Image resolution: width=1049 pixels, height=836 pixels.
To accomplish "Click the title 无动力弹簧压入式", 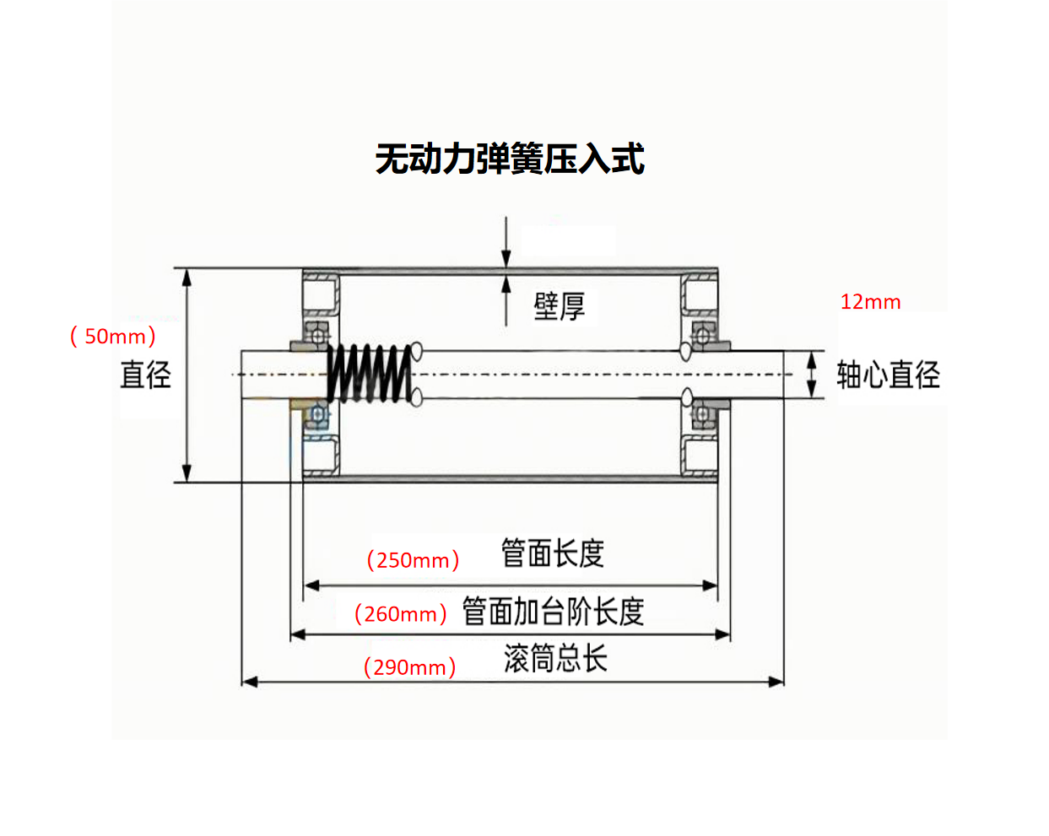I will (x=510, y=159).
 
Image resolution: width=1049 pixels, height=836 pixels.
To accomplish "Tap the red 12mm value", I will (x=870, y=302).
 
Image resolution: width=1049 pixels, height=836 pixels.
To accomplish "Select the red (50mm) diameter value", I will (x=113, y=336).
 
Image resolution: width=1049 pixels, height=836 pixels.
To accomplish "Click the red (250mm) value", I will (x=413, y=560).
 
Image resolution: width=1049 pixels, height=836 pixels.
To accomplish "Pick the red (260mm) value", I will (x=400, y=614).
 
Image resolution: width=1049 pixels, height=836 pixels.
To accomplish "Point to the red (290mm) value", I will (x=409, y=667).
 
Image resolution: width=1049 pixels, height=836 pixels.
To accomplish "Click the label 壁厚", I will (x=559, y=306).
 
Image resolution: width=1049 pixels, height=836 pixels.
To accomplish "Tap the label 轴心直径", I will (x=888, y=375).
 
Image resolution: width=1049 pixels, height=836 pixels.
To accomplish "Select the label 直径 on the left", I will (x=145, y=375).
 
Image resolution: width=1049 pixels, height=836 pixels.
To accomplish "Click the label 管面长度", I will (x=553, y=553).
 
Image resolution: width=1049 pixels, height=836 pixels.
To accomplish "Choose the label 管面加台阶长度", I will (x=553, y=612).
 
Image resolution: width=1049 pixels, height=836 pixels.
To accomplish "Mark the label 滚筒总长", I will (x=555, y=658).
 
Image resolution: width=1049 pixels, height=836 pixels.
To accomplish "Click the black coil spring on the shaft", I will (x=370, y=374).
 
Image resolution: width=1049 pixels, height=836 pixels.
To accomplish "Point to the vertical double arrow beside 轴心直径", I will (x=812, y=375).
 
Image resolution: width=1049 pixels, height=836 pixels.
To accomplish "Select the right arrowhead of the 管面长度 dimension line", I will (x=711, y=585).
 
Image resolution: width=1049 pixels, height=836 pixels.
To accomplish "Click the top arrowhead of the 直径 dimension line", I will (x=187, y=277).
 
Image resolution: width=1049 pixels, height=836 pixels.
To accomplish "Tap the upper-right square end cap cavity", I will (x=700, y=295).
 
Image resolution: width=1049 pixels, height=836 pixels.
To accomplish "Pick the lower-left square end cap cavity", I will (x=321, y=454).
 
